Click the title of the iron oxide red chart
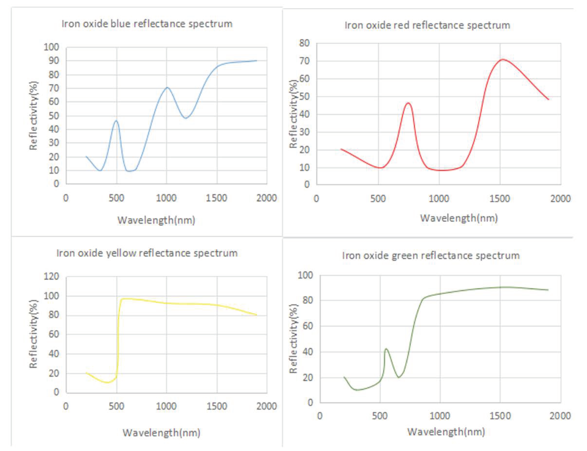[427, 25]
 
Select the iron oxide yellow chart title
[147, 253]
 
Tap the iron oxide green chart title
[431, 255]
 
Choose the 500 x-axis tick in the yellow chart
[116, 406]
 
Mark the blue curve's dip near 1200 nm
[186, 118]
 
